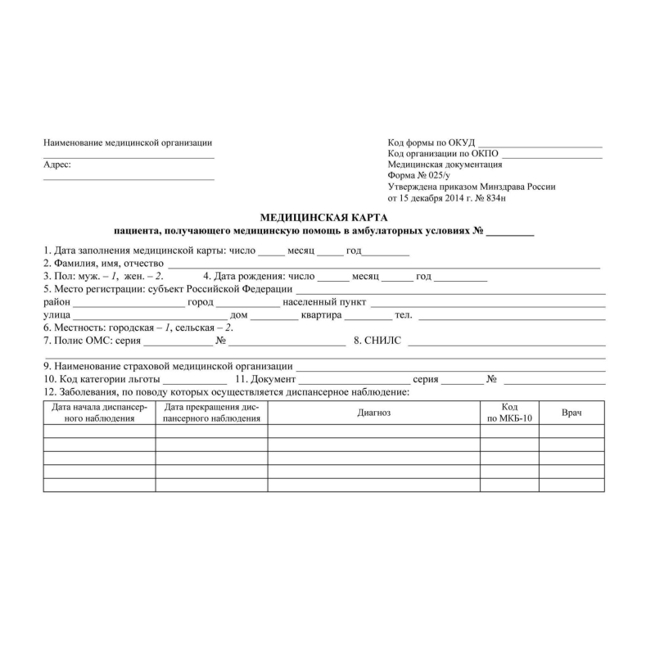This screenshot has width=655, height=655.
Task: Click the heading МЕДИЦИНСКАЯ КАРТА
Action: point(323,218)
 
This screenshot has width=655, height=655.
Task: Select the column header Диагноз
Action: point(373,413)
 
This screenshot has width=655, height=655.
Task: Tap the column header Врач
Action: point(571,413)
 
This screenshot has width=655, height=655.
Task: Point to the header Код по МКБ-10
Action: point(509,413)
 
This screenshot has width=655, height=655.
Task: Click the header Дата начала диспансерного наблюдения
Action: point(99,413)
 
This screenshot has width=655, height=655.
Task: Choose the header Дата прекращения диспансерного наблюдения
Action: point(211,413)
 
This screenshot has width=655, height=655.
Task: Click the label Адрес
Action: point(56,165)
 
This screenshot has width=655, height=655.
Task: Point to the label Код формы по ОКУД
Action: point(431,143)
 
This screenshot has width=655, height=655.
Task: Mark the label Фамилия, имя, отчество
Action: point(104,264)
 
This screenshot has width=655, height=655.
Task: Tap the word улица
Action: point(56,315)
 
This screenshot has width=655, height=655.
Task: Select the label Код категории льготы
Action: point(102,380)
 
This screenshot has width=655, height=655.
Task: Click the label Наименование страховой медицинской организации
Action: point(168,367)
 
